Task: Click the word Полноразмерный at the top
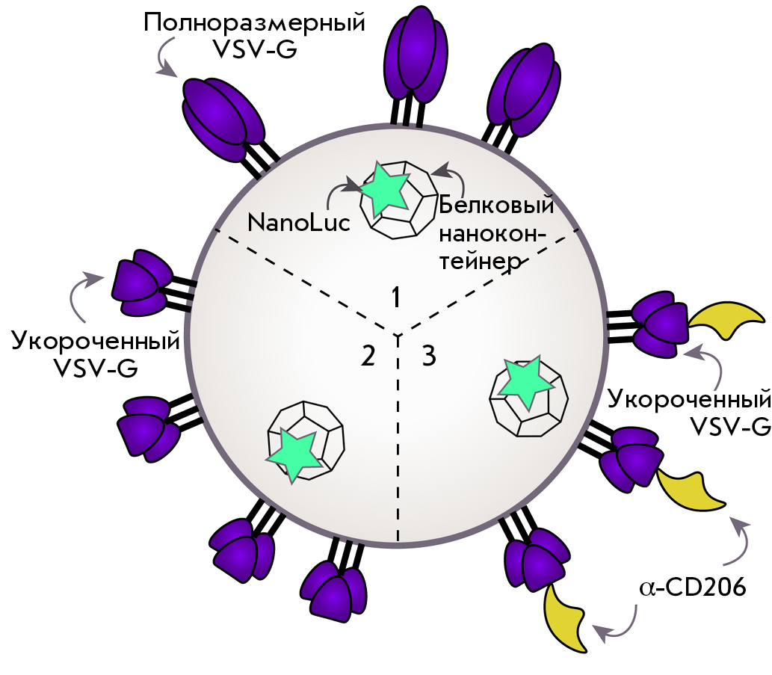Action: pyautogui.click(x=255, y=23)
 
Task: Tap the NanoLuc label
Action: pyautogui.click(x=298, y=223)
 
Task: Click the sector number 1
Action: pyautogui.click(x=395, y=298)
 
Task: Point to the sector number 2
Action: pyautogui.click(x=368, y=356)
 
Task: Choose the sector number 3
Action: pyautogui.click(x=429, y=356)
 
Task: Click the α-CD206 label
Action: pyautogui.click(x=692, y=587)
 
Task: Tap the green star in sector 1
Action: pyautogui.click(x=384, y=189)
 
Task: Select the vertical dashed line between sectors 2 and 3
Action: pyautogui.click(x=398, y=438)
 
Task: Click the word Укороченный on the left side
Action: pyautogui.click(x=96, y=341)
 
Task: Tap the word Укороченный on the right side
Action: pyautogui.click(x=689, y=399)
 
